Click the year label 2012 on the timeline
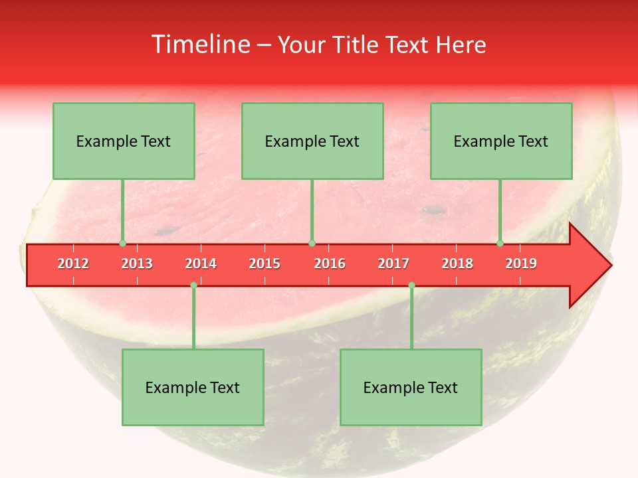[73, 264]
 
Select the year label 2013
[137, 264]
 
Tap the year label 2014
[201, 264]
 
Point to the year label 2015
[265, 264]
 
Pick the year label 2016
[330, 264]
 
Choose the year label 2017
[393, 264]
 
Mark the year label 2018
[457, 264]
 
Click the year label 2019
[521, 264]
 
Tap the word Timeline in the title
[199, 44]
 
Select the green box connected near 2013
[124, 141]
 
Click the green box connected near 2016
[312, 141]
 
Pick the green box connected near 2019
[501, 141]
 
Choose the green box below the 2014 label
[193, 387]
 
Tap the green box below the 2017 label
[411, 387]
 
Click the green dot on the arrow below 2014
[193, 285]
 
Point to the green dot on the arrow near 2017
[411, 285]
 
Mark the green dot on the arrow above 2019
[500, 243]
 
